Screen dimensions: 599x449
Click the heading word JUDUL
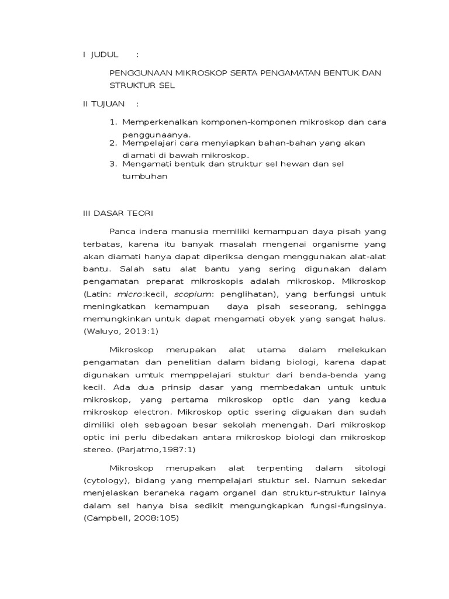pyautogui.click(x=105, y=54)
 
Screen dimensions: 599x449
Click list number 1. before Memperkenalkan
pyautogui.click(x=113, y=122)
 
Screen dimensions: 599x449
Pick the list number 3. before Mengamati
pyautogui.click(x=113, y=164)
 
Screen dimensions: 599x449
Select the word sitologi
pyautogui.click(x=367, y=468)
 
